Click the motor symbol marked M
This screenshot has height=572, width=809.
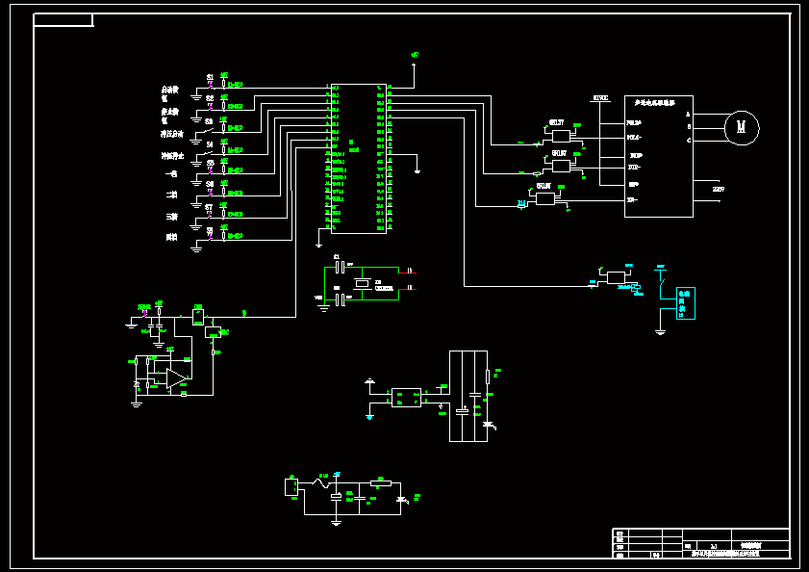click(742, 127)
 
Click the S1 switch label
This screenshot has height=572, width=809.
click(211, 77)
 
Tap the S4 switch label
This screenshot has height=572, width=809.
click(210, 144)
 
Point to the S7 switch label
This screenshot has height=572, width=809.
click(210, 207)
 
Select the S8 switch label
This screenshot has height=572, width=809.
click(210, 230)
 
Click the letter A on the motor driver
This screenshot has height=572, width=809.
click(688, 114)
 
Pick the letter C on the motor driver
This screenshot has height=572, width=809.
click(688, 141)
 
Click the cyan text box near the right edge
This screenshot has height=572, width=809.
click(685, 302)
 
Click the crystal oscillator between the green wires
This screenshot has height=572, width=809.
click(362, 283)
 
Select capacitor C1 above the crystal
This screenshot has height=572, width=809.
click(340, 265)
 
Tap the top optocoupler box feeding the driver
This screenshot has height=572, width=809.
click(562, 136)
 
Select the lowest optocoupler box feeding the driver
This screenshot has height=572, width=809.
click(546, 198)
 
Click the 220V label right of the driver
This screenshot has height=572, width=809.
click(719, 190)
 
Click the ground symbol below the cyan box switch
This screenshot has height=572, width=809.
click(660, 332)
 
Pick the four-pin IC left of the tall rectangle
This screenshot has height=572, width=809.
click(406, 397)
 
